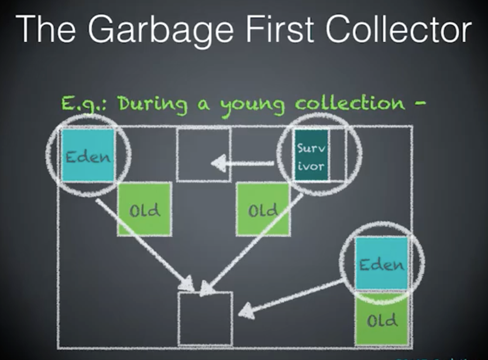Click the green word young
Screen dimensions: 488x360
253,106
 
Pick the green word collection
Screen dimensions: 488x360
349,104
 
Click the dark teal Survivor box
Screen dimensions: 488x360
311,155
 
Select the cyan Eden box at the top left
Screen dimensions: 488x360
88,155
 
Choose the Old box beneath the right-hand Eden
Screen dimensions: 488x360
382,319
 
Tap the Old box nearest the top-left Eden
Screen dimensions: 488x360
144,209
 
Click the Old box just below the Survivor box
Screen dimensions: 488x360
263,209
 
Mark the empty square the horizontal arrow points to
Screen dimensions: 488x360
203,155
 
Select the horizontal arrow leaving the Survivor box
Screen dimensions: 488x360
243,163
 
